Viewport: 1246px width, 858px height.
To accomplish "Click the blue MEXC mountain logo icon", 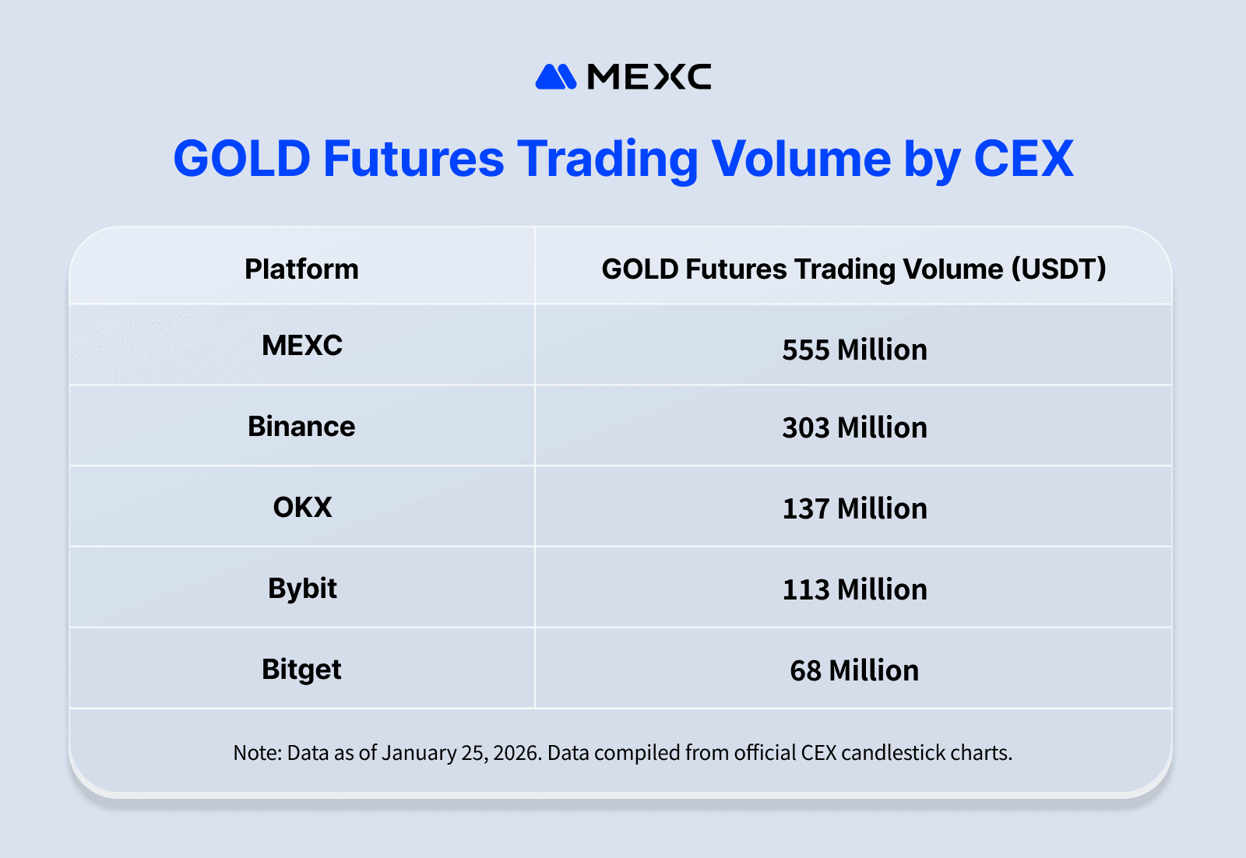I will click(555, 77).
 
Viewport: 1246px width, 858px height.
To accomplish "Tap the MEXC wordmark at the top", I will click(649, 77).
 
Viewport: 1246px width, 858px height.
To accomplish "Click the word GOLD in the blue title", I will click(241, 159).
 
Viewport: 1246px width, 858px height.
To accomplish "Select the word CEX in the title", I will click(1023, 159).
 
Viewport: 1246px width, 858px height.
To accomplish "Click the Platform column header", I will click(301, 269).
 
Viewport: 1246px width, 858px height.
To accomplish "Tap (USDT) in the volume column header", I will click(1058, 269).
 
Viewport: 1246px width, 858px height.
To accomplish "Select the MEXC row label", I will click(302, 346).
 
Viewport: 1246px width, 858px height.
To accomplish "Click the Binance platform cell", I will click(301, 427).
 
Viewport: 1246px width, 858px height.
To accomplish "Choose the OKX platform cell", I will click(302, 508).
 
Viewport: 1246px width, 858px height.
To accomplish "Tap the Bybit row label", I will click(302, 589).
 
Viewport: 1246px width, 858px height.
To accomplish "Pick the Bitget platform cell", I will click(301, 670).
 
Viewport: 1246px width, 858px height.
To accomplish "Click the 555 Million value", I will click(854, 350).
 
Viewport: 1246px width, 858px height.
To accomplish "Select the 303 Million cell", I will click(854, 428).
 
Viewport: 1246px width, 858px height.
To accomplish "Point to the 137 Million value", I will click(854, 509).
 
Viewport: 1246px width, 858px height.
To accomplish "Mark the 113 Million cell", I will click(854, 590).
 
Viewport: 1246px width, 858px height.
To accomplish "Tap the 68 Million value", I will click(854, 671).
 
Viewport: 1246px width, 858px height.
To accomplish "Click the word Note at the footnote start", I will click(256, 753).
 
